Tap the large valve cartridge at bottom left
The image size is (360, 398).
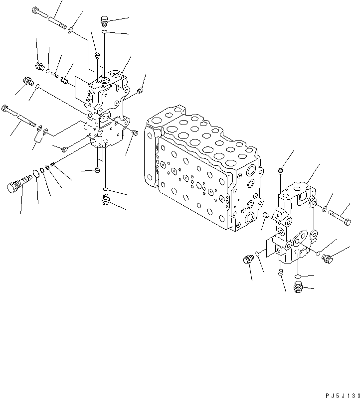point(15,185)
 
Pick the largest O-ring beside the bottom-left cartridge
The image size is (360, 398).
point(35,174)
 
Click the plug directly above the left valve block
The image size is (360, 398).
point(104,21)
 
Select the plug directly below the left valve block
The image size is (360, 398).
point(105,200)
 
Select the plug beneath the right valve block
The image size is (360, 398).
point(298,287)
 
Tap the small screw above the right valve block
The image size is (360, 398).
point(281,171)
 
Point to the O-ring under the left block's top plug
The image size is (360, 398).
point(104,32)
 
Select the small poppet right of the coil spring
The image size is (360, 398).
point(64,80)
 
